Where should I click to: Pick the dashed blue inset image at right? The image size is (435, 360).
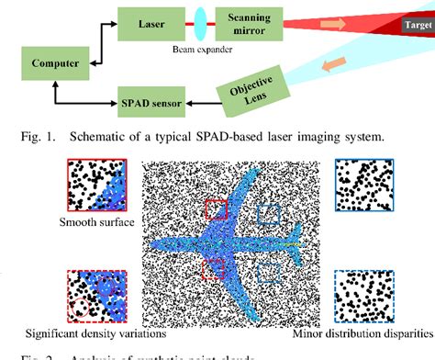click(x=367, y=296)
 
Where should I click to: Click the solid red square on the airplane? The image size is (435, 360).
click(x=216, y=209)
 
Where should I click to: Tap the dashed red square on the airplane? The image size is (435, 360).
click(x=213, y=269)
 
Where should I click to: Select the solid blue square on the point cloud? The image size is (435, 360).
click(x=269, y=214)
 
